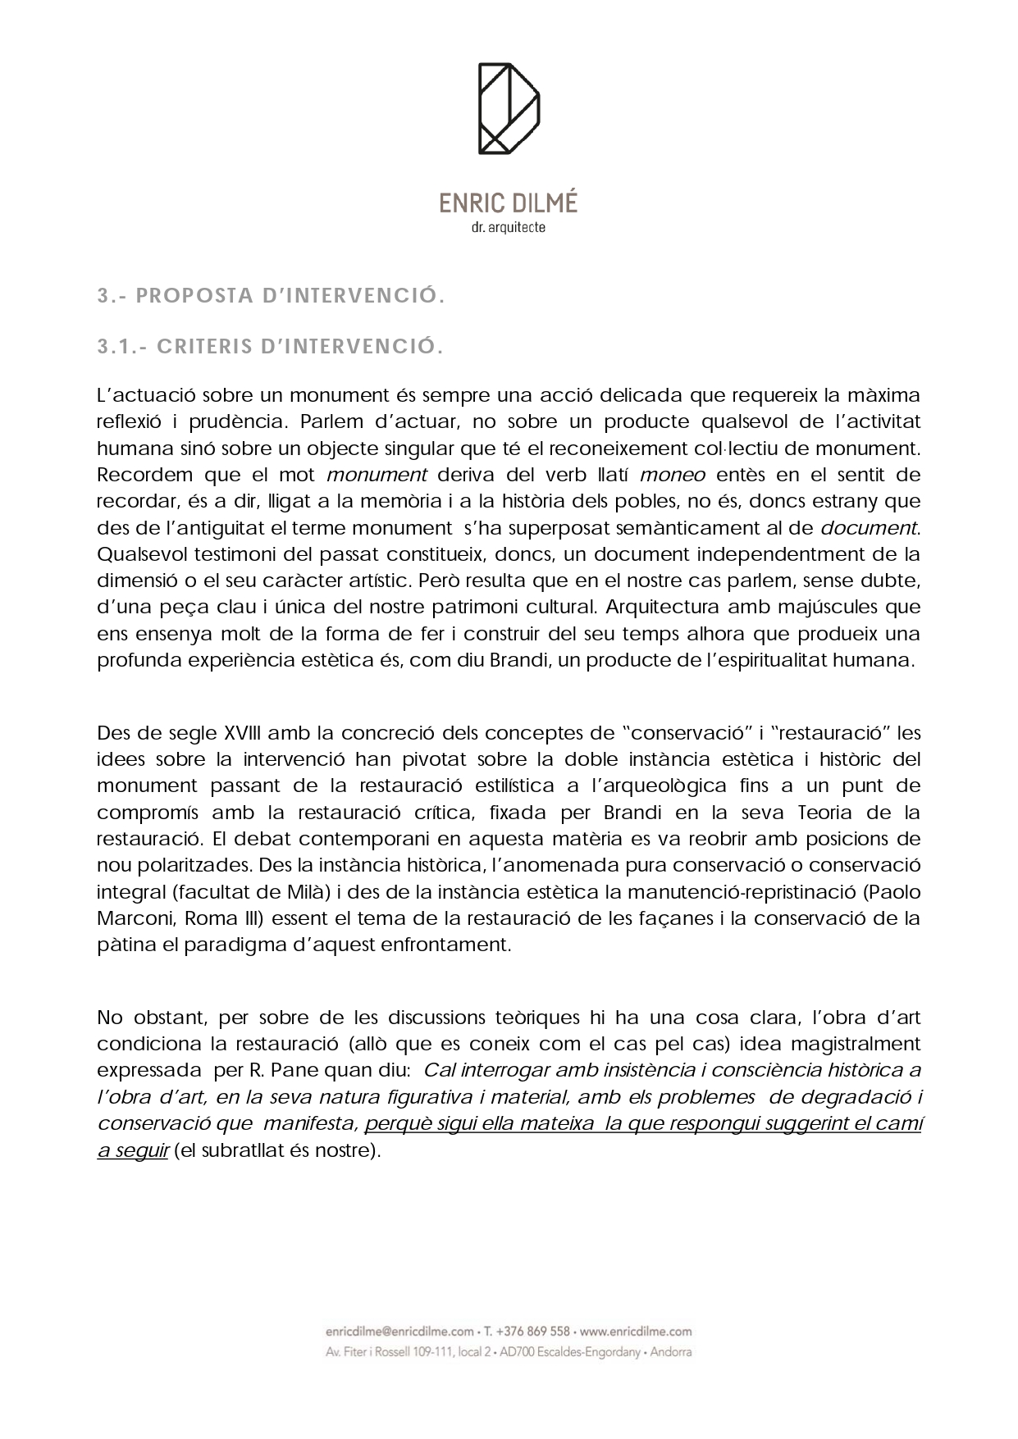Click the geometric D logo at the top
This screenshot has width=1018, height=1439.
point(509,108)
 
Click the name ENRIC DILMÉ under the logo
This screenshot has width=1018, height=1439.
point(508,203)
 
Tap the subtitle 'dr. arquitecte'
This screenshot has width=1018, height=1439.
point(509,228)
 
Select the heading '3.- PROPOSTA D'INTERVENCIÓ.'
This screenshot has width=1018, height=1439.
point(271,296)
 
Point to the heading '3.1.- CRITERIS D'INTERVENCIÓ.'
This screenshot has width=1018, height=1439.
point(270,347)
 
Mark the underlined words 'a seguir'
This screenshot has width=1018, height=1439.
point(133,1150)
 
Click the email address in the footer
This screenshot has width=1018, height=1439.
point(399,1332)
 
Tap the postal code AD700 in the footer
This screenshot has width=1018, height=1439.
point(516,1352)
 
